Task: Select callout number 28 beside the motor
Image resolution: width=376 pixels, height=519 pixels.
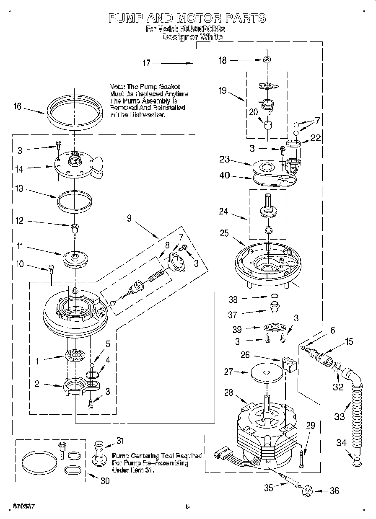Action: pyautogui.click(x=228, y=392)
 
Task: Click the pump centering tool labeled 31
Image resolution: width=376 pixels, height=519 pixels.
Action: pyautogui.click(x=99, y=453)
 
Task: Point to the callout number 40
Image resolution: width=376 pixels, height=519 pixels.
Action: pyautogui.click(x=225, y=176)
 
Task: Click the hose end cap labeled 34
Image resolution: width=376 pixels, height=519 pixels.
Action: pyautogui.click(x=357, y=461)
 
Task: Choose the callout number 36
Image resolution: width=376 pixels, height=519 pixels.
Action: pyautogui.click(x=334, y=491)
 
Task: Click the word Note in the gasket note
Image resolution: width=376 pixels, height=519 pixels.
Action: pyautogui.click(x=117, y=87)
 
